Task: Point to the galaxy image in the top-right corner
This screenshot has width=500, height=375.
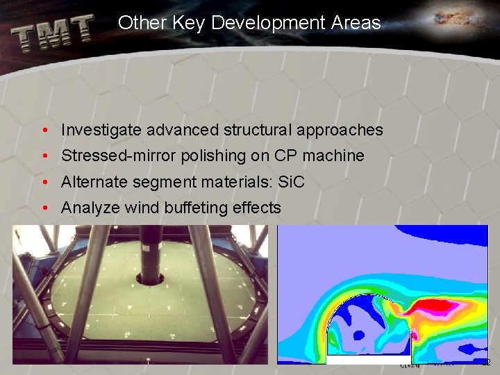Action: coord(455,19)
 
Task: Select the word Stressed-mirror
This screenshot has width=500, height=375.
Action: coord(119,156)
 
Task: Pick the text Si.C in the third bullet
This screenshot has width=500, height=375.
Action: coord(290,182)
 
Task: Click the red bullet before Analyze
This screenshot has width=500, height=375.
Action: coord(44,208)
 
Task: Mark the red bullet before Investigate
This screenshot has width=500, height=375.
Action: coord(44,130)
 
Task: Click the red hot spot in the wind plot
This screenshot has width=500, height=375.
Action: coord(434,306)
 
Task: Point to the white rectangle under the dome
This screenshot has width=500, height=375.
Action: coord(368,360)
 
